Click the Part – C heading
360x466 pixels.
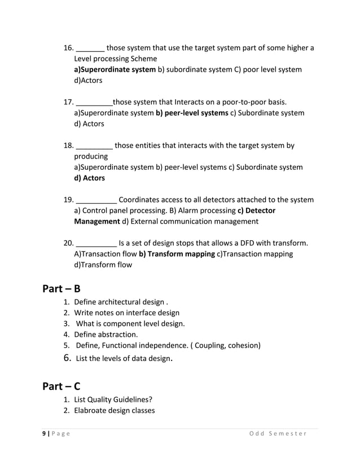(62, 386)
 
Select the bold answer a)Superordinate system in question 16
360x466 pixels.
(115, 69)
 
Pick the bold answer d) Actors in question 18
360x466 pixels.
(90, 178)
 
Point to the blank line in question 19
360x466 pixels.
(96, 200)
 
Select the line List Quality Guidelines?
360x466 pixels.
(115, 400)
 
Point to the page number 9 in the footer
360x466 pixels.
(44, 433)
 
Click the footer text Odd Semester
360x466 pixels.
(278, 433)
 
